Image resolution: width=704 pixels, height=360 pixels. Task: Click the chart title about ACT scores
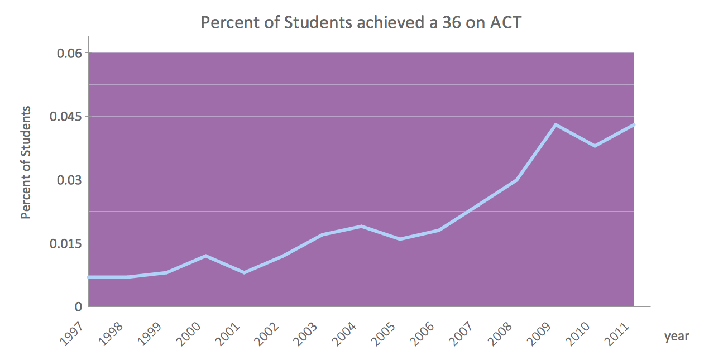tap(361, 23)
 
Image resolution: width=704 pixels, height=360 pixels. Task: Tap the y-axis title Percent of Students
tap(26, 162)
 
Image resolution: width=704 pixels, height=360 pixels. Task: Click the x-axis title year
tap(677, 336)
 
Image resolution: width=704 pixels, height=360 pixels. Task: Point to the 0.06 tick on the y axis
tap(69, 54)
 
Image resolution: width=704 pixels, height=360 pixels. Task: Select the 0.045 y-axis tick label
tap(65, 117)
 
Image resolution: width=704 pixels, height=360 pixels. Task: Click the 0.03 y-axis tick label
tap(69, 180)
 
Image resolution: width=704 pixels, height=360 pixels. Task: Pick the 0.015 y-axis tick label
tap(65, 244)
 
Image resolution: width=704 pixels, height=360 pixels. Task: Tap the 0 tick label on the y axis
tap(78, 307)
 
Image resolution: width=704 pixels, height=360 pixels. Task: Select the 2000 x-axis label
tap(190, 333)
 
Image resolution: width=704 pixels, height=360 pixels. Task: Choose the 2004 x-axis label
tap(346, 333)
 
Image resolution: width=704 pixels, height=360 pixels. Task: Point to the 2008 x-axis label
tap(502, 333)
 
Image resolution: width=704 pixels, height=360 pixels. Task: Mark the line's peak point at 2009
tap(556, 124)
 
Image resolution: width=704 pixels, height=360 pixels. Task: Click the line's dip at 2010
tap(595, 146)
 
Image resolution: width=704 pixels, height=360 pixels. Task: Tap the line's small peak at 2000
tap(205, 256)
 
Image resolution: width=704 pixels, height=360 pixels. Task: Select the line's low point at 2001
tap(245, 272)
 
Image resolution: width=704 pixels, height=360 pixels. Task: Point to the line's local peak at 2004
tap(361, 226)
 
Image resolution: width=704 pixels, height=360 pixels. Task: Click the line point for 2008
tap(517, 180)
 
